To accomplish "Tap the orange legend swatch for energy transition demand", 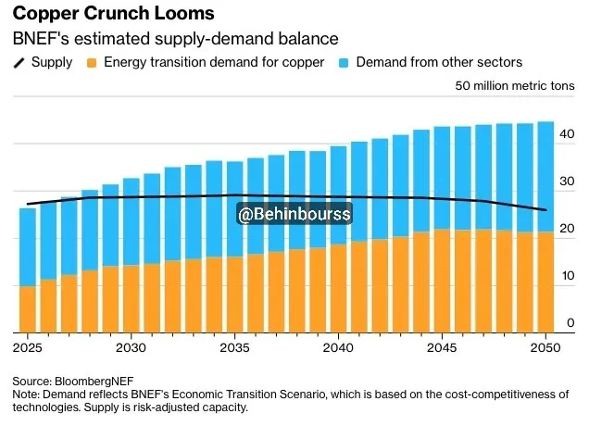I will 92,62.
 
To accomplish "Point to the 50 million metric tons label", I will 515,86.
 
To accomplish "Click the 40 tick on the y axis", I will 568,134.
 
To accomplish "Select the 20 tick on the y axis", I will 568,229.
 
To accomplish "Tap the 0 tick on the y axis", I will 570,322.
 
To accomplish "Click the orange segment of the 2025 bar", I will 28,310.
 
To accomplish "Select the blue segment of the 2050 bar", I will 546,176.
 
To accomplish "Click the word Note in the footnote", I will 26,395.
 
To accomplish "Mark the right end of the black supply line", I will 545,210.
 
